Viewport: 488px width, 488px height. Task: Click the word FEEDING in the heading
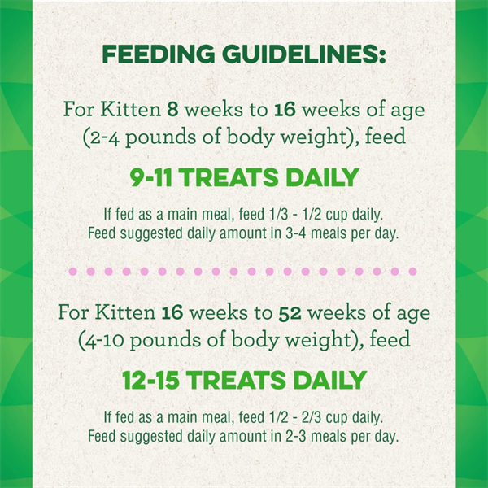[159, 54]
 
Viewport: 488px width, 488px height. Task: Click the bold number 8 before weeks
[172, 110]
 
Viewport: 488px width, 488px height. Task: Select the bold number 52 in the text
[290, 313]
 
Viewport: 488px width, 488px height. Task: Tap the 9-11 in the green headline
[151, 177]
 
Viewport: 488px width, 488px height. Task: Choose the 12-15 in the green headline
[150, 380]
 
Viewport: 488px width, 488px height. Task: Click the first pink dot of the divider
[72, 272]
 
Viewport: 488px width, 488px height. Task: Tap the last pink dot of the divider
[412, 272]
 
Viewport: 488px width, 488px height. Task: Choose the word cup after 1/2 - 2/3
[336, 418]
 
